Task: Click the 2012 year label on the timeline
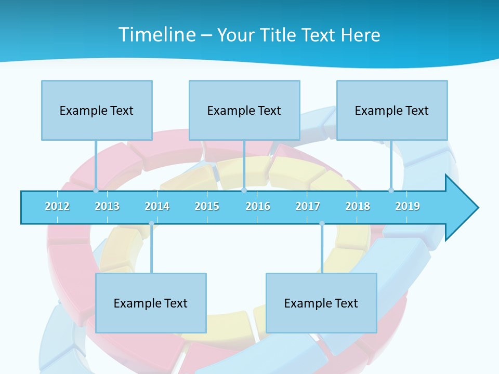point(57,206)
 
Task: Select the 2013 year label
point(107,206)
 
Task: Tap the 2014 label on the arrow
point(157,206)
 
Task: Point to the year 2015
point(207,206)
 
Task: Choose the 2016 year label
point(258,206)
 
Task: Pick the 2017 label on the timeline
point(308,206)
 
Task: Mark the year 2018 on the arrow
point(358,206)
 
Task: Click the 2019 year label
point(408,206)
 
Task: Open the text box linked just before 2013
point(97,110)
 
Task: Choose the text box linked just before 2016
point(244,110)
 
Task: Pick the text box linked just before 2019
point(392,110)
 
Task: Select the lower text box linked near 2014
point(151,303)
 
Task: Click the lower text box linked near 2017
point(321,303)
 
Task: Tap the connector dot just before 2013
point(96,190)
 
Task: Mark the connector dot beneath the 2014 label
point(151,223)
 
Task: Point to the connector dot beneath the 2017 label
point(322,223)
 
